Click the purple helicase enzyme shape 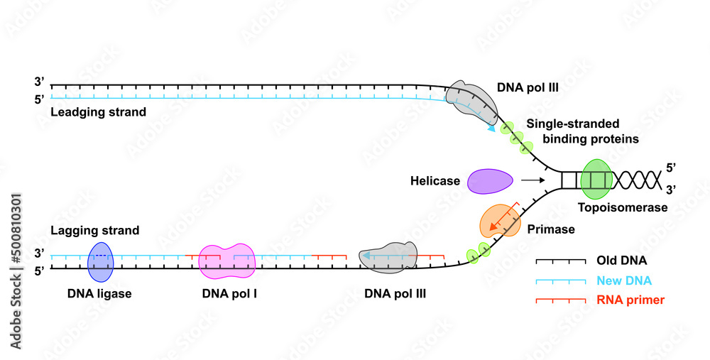[490, 181]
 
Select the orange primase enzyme [498, 221]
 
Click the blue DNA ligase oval [100, 262]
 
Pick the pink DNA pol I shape [226, 261]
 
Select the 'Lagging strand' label [94, 231]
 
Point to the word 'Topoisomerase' [623, 208]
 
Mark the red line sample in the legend [560, 300]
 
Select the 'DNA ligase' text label [100, 293]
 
